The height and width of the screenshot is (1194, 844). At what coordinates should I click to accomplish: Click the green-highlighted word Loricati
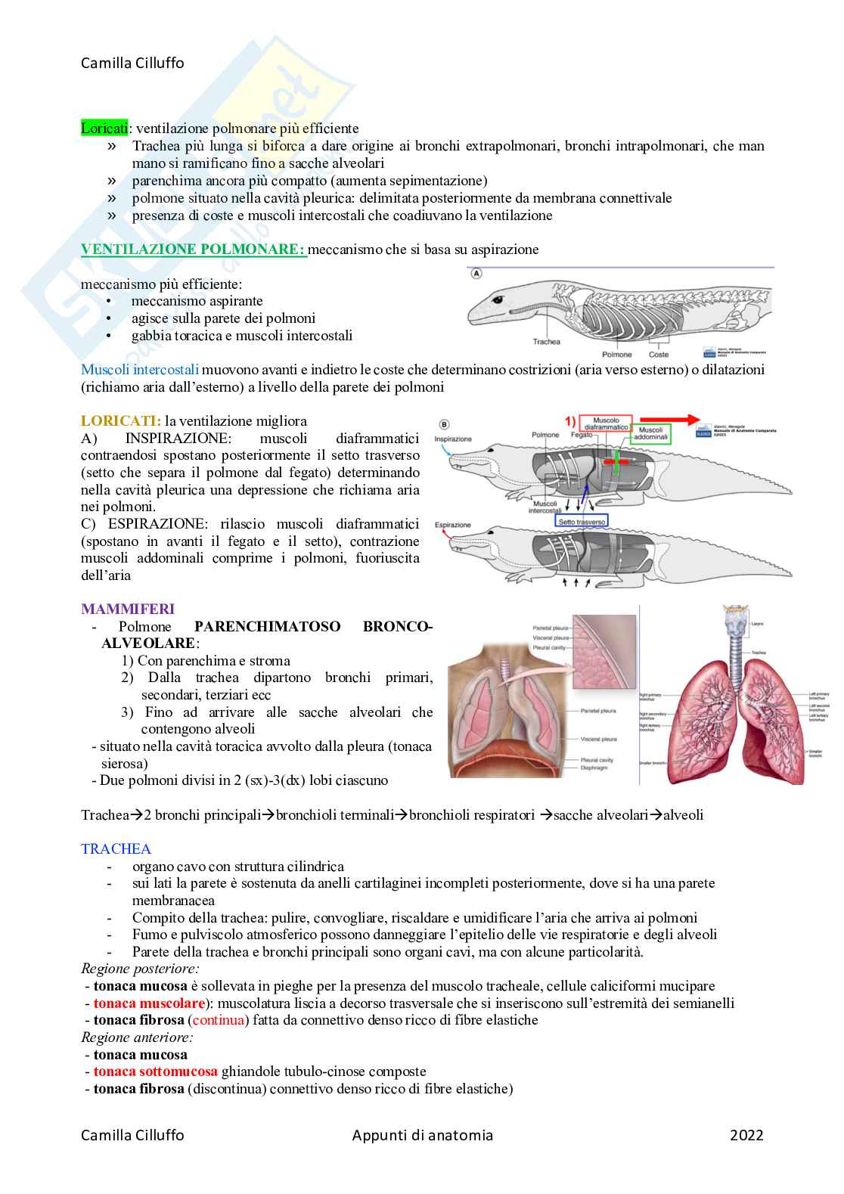coord(104,129)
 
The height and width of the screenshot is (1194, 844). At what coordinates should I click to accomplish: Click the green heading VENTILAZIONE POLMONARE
coord(193,250)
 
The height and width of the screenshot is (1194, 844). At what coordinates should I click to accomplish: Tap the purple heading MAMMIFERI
coord(128,609)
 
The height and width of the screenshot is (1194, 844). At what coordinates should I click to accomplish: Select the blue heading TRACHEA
coord(116,849)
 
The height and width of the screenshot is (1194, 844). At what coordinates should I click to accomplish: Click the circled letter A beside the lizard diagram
coord(476,274)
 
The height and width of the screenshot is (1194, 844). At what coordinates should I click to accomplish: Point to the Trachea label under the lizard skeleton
coord(546,342)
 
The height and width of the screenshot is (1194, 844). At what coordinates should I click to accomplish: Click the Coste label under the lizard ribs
coord(659,354)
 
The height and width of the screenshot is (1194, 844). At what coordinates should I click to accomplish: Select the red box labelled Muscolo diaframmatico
coord(606,424)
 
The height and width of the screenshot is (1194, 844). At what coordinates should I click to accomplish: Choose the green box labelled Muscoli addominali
coord(650,433)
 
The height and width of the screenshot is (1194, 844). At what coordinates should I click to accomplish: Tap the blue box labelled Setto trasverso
coord(581,522)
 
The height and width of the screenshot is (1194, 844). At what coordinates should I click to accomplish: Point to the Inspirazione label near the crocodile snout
coord(453,439)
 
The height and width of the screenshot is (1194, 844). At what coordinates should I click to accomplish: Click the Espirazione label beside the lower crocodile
coord(452,525)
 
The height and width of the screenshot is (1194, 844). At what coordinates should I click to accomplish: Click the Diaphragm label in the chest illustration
coord(594,768)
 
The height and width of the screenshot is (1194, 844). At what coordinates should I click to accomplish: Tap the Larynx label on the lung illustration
coord(757,624)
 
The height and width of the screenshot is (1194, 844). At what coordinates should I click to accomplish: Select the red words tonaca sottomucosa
coord(155,1071)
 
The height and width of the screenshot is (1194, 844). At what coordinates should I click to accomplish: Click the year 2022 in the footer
coord(746,1135)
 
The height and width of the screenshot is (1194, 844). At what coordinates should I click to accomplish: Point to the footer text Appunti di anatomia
coord(422,1135)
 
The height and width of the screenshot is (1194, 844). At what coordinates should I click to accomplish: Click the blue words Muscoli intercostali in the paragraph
coord(140,370)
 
